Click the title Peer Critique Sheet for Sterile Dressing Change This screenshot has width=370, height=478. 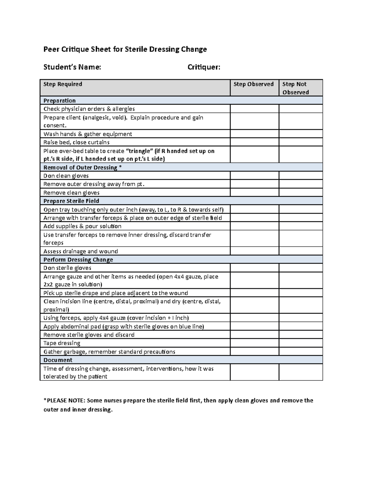coord(125,49)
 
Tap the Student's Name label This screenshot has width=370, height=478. coord(72,67)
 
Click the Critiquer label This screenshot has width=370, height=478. coord(204,67)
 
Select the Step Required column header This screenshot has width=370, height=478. coord(63,84)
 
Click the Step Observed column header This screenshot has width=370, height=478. coord(253,84)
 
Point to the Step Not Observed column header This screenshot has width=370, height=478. coord(295,88)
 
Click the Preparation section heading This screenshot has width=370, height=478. coord(60,101)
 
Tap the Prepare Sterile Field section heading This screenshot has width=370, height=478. coord(71,201)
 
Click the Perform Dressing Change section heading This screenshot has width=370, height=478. coord(78,259)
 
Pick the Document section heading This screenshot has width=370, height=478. coord(58,360)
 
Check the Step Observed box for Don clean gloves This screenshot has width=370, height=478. coord(254,176)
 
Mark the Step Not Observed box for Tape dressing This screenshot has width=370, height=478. coord(301,343)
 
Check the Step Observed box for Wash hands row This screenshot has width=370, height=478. coord(254,134)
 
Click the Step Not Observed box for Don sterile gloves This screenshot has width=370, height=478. coord(301,268)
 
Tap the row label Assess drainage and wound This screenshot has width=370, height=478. coord(80,251)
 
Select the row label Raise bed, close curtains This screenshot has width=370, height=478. coord(76,142)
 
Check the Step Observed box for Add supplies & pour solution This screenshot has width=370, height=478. coord(254,226)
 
